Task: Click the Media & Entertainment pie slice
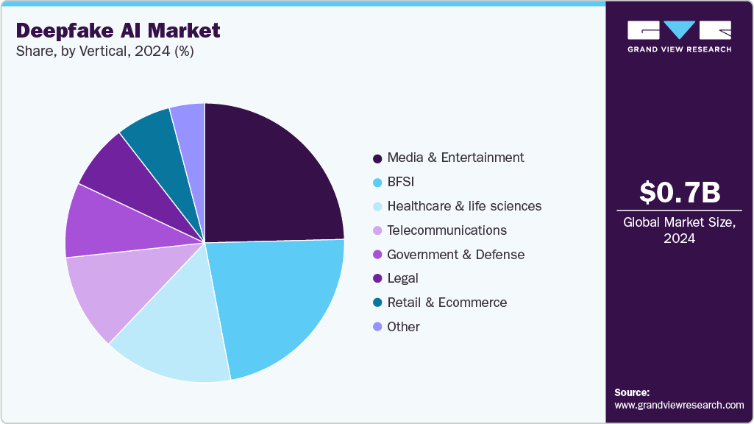click(x=268, y=177)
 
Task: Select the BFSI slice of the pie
click(x=280, y=302)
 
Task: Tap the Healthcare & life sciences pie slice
click(x=177, y=339)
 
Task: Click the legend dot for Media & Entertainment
click(x=377, y=158)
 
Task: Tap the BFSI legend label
click(x=402, y=182)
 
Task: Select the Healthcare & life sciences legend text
click(x=464, y=206)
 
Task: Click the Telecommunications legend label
click(x=447, y=230)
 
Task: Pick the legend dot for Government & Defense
click(x=377, y=255)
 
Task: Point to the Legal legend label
click(x=402, y=278)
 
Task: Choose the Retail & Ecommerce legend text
click(x=447, y=303)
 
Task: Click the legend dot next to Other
click(x=377, y=327)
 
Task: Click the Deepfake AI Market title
click(x=118, y=30)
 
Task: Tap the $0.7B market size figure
click(x=679, y=193)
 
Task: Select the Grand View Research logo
click(x=679, y=36)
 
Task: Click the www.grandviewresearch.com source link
click(x=679, y=405)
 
